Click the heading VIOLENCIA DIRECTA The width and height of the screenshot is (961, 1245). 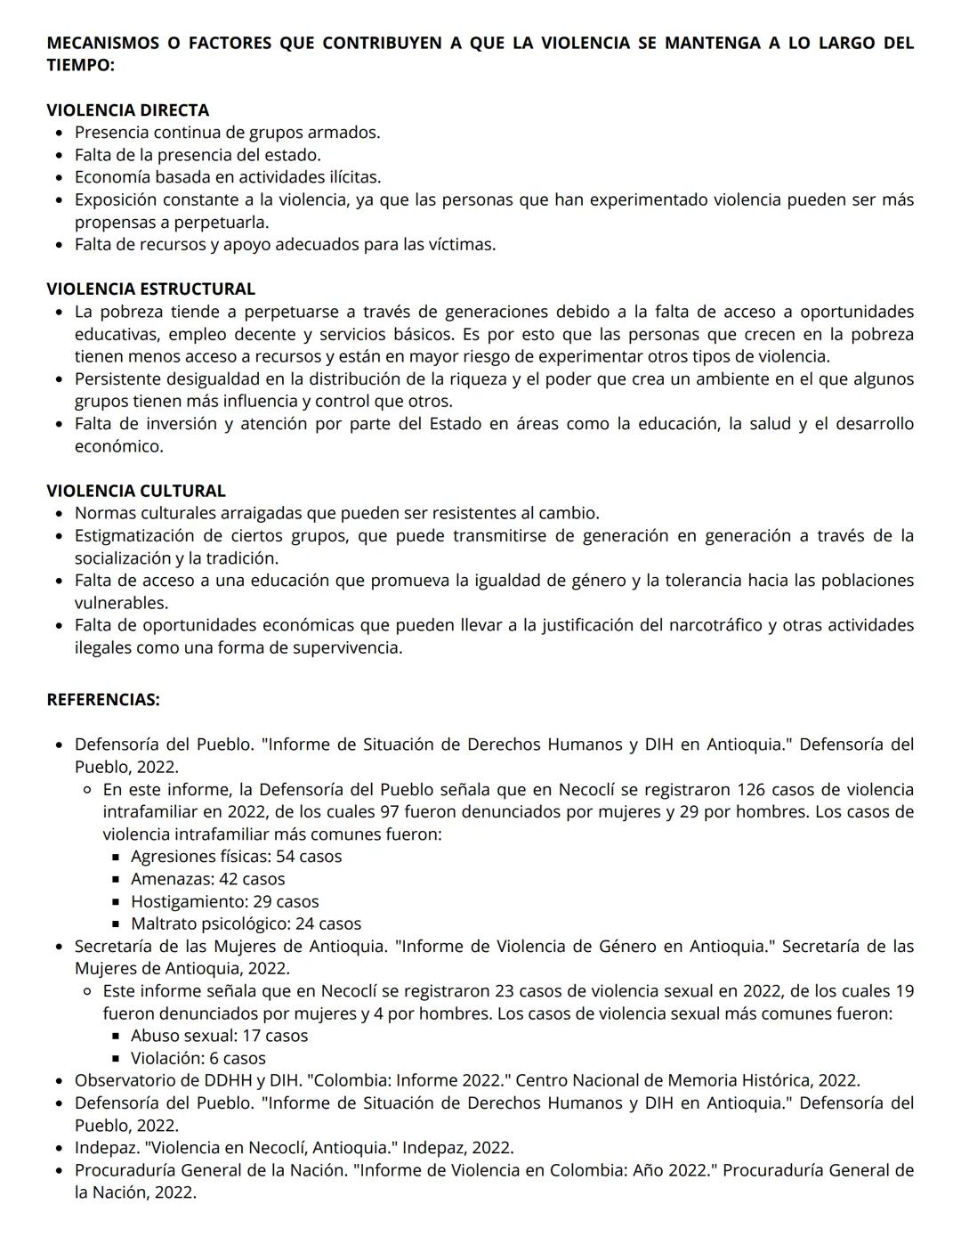coord(127,110)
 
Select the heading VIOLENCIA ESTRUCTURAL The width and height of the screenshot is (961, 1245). coord(150,289)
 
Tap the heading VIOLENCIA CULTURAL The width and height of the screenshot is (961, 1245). coord(135,491)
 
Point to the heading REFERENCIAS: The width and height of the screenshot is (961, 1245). coord(103,700)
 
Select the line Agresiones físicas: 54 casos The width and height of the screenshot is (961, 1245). coord(236,857)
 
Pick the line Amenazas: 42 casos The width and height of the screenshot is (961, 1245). coord(207,879)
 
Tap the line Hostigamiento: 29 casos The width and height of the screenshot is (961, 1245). coord(224,901)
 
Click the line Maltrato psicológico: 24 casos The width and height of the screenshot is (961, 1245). coord(246,924)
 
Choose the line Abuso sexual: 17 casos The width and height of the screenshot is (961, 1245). coord(219,1036)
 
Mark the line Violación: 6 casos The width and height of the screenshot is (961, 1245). coord(198,1058)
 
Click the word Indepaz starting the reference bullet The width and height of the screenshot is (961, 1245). coord(104,1148)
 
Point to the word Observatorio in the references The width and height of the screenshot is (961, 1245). coord(124,1080)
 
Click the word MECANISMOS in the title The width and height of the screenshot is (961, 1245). coord(101,43)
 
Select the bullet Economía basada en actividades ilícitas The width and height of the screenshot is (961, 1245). coord(227,177)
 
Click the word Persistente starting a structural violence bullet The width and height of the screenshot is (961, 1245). coord(117,378)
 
